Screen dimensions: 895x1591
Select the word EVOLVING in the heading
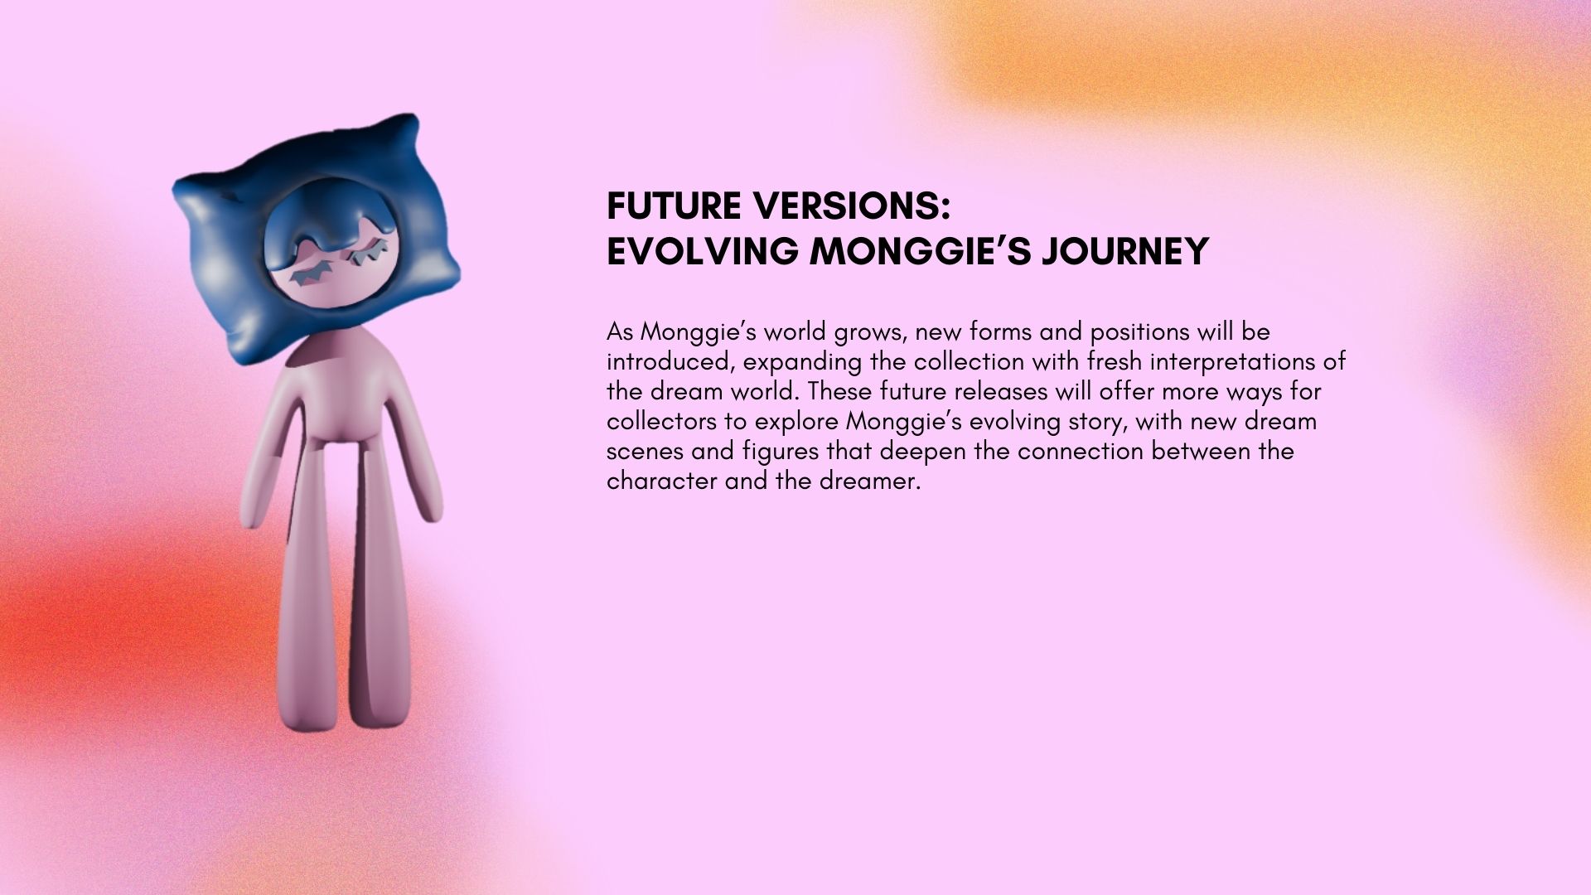703,251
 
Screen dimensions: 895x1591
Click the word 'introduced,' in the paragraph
670,362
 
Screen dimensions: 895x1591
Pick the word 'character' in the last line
661,481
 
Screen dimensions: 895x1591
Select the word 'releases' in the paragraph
1001,392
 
